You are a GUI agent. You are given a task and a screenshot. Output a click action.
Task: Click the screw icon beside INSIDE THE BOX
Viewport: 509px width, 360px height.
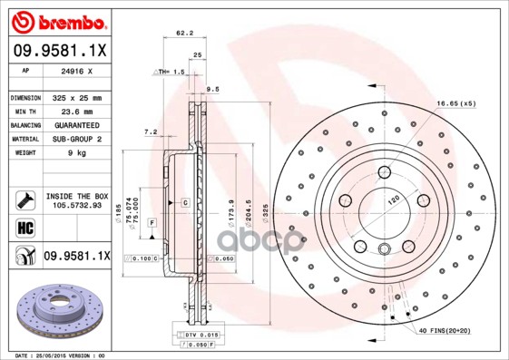coord(22,199)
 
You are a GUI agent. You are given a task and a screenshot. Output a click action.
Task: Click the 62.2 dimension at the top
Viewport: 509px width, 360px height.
coord(184,34)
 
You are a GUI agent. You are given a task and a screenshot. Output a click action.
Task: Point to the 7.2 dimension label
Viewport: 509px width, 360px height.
coord(151,131)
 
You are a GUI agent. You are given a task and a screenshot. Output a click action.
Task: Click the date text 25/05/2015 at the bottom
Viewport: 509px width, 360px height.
coord(63,355)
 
